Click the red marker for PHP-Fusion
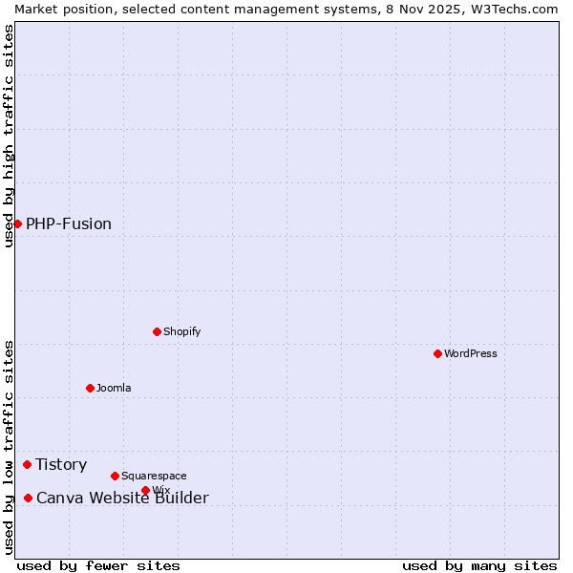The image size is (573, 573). click(x=17, y=223)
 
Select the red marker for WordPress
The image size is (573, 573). click(x=437, y=353)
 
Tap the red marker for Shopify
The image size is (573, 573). click(x=157, y=331)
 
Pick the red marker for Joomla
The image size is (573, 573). click(x=90, y=388)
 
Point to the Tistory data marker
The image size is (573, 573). click(x=27, y=464)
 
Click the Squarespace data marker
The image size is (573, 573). click(x=115, y=476)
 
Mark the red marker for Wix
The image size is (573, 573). click(x=145, y=491)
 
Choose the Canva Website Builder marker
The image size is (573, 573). click(x=28, y=498)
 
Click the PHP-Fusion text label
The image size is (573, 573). click(x=69, y=224)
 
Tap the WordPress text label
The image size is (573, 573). click(x=471, y=353)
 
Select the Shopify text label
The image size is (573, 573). click(x=181, y=331)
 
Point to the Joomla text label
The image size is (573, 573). click(x=114, y=388)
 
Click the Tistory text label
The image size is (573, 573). click(x=61, y=465)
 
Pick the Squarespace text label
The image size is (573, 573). click(x=154, y=476)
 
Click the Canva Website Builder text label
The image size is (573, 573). click(x=122, y=499)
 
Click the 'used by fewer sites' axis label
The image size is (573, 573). click(x=98, y=565)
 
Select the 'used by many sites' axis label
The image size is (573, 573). click(x=479, y=565)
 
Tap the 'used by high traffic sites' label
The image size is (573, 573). click(x=10, y=136)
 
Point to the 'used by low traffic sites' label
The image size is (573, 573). click(x=10, y=447)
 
